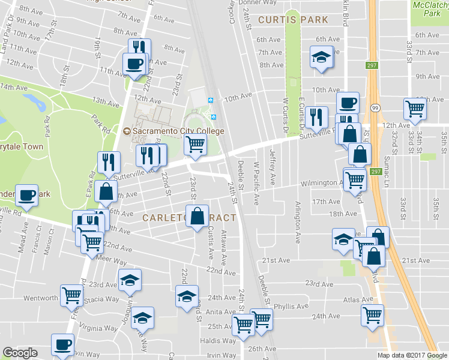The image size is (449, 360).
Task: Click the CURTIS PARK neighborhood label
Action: click(x=294, y=20)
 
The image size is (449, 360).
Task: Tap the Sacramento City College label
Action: click(x=173, y=131)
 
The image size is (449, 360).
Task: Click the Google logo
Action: click(x=20, y=353)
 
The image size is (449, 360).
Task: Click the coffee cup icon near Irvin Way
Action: click(x=62, y=345)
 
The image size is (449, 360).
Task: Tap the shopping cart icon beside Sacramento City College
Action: click(x=194, y=144)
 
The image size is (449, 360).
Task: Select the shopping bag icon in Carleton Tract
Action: click(x=197, y=216)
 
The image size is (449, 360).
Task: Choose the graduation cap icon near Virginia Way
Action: click(x=142, y=317)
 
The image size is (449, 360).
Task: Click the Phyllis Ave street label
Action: click(x=291, y=306)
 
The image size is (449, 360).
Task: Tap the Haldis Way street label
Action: click(x=221, y=340)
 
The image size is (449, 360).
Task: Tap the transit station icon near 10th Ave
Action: click(x=211, y=100)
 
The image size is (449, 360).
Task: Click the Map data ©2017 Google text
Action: click(x=412, y=355)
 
